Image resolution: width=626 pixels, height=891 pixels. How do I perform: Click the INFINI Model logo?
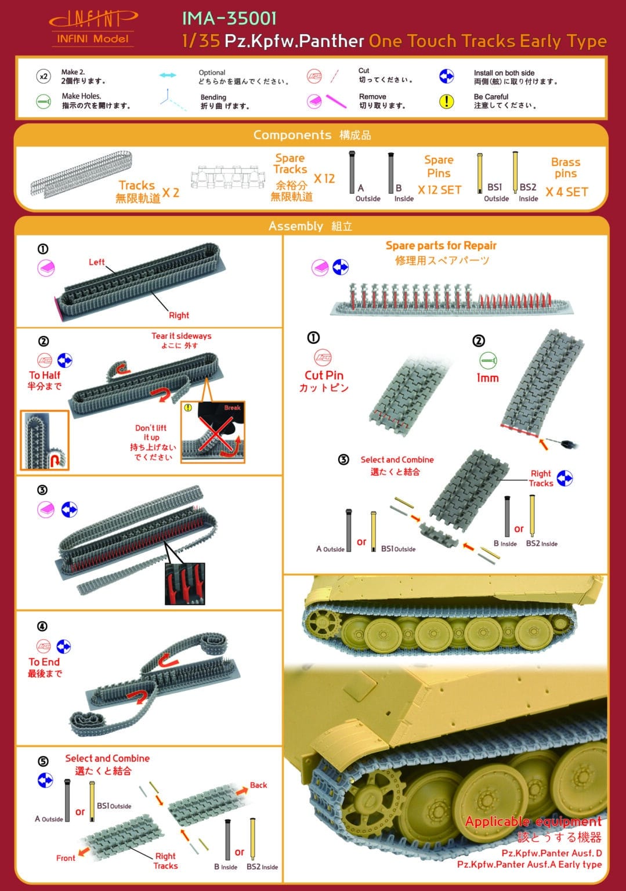(93, 28)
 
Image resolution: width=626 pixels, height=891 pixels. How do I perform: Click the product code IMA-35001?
(229, 19)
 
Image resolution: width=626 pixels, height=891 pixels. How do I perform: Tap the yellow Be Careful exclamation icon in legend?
(446, 101)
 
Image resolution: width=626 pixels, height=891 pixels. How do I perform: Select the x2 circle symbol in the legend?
(44, 77)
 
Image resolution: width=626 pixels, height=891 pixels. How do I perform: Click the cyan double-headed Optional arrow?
(168, 75)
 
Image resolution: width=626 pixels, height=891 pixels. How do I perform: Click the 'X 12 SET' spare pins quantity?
(439, 190)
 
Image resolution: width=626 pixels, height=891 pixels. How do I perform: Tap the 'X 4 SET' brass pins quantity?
(566, 192)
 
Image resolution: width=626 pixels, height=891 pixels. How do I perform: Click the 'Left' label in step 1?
(96, 262)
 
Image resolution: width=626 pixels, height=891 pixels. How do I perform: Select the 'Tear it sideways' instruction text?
(181, 336)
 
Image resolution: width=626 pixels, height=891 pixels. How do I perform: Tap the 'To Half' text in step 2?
(45, 375)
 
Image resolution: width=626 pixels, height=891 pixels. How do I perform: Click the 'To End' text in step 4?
(44, 662)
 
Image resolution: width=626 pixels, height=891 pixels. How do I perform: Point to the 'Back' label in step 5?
(258, 785)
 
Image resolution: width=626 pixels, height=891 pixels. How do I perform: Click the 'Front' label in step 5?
(66, 858)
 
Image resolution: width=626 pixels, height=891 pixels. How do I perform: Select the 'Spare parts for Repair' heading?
(441, 245)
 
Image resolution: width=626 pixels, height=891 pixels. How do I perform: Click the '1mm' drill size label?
(487, 378)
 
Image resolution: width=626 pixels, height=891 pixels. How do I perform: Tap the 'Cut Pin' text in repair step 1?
(324, 375)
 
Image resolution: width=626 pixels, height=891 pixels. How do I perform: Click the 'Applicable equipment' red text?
(533, 821)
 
